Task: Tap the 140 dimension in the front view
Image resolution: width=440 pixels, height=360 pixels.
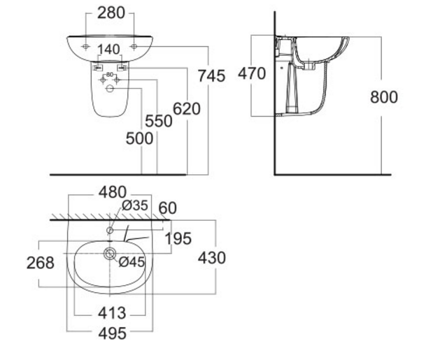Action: coord(108,50)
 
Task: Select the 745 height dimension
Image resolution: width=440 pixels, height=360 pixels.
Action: coord(211,75)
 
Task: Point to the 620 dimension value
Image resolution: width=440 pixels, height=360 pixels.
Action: coord(187,108)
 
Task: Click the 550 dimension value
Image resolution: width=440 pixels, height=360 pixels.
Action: coord(159,121)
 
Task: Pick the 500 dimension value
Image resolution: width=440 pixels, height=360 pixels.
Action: coord(139,138)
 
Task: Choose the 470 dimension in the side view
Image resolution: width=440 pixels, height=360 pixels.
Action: coord(252,72)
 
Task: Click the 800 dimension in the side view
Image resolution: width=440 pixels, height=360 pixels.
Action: coord(383,96)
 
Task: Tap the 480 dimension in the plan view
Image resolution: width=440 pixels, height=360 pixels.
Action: coord(112,192)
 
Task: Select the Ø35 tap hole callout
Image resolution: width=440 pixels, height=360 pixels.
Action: coord(136,205)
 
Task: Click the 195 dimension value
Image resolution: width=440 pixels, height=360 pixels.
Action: coord(178,239)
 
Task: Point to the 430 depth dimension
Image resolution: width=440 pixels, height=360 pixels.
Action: coord(211,257)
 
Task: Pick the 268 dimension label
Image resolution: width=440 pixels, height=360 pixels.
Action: coord(41,263)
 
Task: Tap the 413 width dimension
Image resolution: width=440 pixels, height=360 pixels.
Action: coord(111,312)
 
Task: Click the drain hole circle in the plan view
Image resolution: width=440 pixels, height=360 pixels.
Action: coord(109,253)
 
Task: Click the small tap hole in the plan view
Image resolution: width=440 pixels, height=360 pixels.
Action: coord(110,229)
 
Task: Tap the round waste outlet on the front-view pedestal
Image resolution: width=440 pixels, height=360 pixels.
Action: coord(109,89)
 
